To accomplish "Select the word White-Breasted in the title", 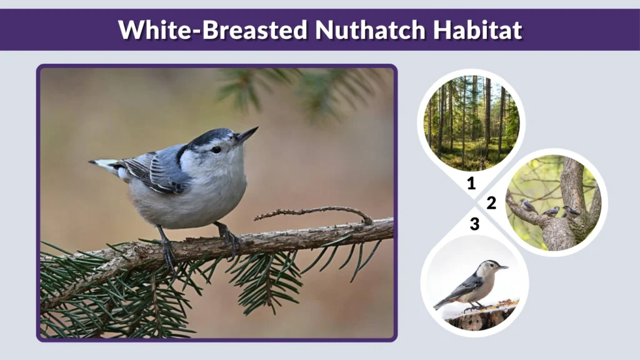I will pyautogui.click(x=213, y=29).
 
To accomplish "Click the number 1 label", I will pyautogui.click(x=471, y=183).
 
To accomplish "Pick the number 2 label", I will pyautogui.click(x=492, y=203).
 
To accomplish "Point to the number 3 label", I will pyautogui.click(x=474, y=224).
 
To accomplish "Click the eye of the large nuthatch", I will pyautogui.click(x=216, y=149).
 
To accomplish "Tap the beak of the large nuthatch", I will pyautogui.click(x=246, y=134).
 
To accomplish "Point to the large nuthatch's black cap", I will pyautogui.click(x=206, y=137).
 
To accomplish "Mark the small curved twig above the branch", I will pyautogui.click(x=312, y=212).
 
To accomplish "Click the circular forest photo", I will pyautogui.click(x=471, y=123).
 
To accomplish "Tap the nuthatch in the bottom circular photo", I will pyautogui.click(x=473, y=285).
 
